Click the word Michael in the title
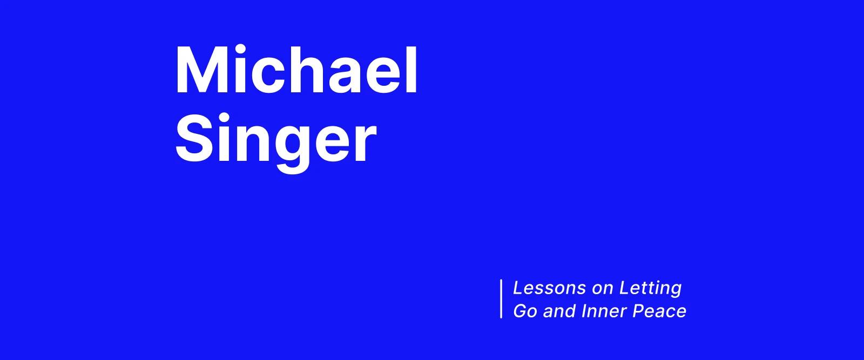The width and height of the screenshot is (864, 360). coord(296,71)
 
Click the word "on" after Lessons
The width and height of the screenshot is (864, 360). coord(603,289)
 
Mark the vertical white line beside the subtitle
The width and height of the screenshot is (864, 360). coord(502,299)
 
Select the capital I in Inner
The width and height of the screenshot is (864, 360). coord(584,311)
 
